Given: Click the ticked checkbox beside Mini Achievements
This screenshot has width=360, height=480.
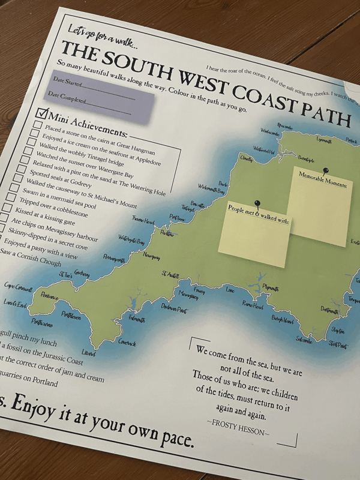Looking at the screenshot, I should coord(42,113).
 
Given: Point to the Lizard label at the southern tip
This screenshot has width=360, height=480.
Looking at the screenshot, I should coord(89,353).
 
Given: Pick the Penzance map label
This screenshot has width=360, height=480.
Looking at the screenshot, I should coord(49,296).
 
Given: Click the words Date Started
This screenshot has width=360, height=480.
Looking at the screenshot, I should coord(66,81).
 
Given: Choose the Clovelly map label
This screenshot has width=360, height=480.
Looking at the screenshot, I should coord(247,159).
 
